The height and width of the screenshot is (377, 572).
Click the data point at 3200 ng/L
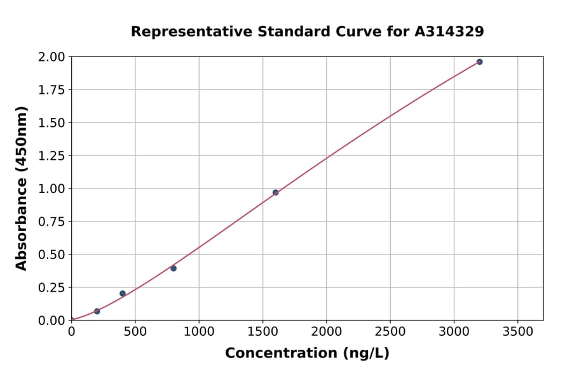[x=479, y=62]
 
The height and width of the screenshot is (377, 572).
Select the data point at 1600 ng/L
[x=275, y=192]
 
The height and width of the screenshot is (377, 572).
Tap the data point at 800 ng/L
[x=174, y=268]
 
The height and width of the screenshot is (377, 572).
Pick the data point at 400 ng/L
[x=123, y=293]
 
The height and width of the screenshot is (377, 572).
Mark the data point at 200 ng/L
[x=97, y=311]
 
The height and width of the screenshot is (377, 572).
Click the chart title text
[x=307, y=32]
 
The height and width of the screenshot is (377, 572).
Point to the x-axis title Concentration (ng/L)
[x=307, y=353]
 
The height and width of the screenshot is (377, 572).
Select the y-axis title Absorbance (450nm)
[x=22, y=189]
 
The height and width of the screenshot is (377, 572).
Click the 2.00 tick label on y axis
[x=51, y=57]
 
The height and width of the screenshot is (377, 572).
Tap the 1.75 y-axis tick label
[x=51, y=90]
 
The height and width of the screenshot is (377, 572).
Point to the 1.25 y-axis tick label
[x=51, y=155]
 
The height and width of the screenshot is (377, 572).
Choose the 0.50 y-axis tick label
[x=51, y=255]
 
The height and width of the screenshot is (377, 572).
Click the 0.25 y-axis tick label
[x=51, y=288]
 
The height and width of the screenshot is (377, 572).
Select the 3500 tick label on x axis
[x=517, y=332]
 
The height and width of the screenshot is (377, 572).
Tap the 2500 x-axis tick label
[x=390, y=332]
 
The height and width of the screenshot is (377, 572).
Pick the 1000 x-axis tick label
[x=199, y=332]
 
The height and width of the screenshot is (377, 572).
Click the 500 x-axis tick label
[x=135, y=332]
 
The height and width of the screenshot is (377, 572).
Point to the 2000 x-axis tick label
[x=327, y=332]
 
